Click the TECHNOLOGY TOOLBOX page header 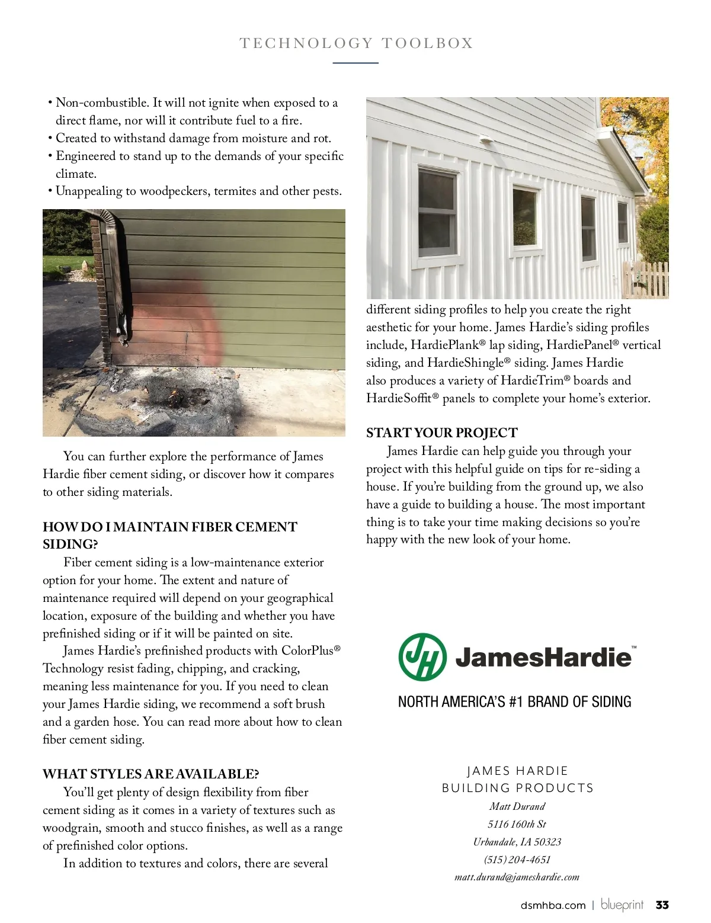(x=356, y=43)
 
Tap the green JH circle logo (x=422, y=657)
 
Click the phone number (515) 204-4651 (x=517, y=860)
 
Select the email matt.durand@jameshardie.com (x=517, y=877)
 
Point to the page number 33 (x=662, y=905)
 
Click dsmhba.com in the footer (x=553, y=905)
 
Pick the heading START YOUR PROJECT (x=441, y=433)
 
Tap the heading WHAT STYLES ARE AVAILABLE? (x=150, y=774)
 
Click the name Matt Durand (x=517, y=806)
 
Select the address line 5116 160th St (x=517, y=824)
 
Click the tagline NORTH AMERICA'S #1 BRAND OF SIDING (x=514, y=702)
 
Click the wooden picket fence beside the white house (x=646, y=278)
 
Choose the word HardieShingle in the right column (x=465, y=363)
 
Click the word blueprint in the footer (x=622, y=905)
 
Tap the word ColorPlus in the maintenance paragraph (x=307, y=650)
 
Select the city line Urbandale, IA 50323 (x=517, y=842)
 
